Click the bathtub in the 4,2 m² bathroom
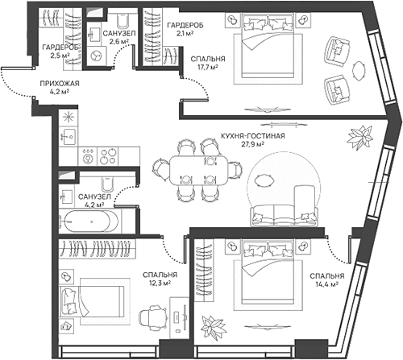(90, 220)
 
